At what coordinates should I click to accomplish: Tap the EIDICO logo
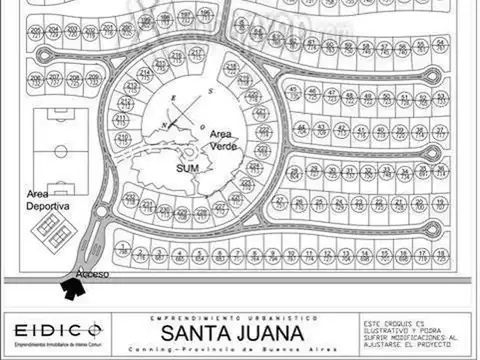(55, 329)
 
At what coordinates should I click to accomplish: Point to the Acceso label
(91, 274)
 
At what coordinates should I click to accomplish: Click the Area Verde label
(223, 139)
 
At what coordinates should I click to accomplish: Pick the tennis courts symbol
(49, 233)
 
